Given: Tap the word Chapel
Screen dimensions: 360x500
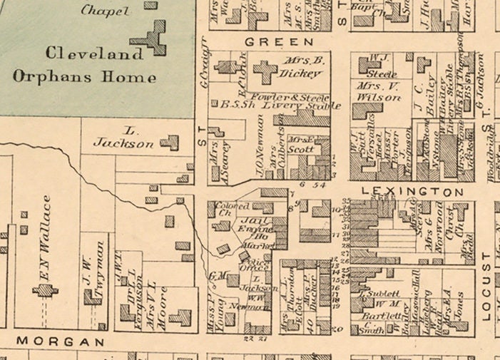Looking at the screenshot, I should coord(106,11).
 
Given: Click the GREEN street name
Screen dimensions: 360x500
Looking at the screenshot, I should coord(269,43).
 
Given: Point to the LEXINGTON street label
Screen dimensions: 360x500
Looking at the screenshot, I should coord(412,192).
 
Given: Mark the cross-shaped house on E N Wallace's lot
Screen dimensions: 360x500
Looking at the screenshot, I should coord(44,290).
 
